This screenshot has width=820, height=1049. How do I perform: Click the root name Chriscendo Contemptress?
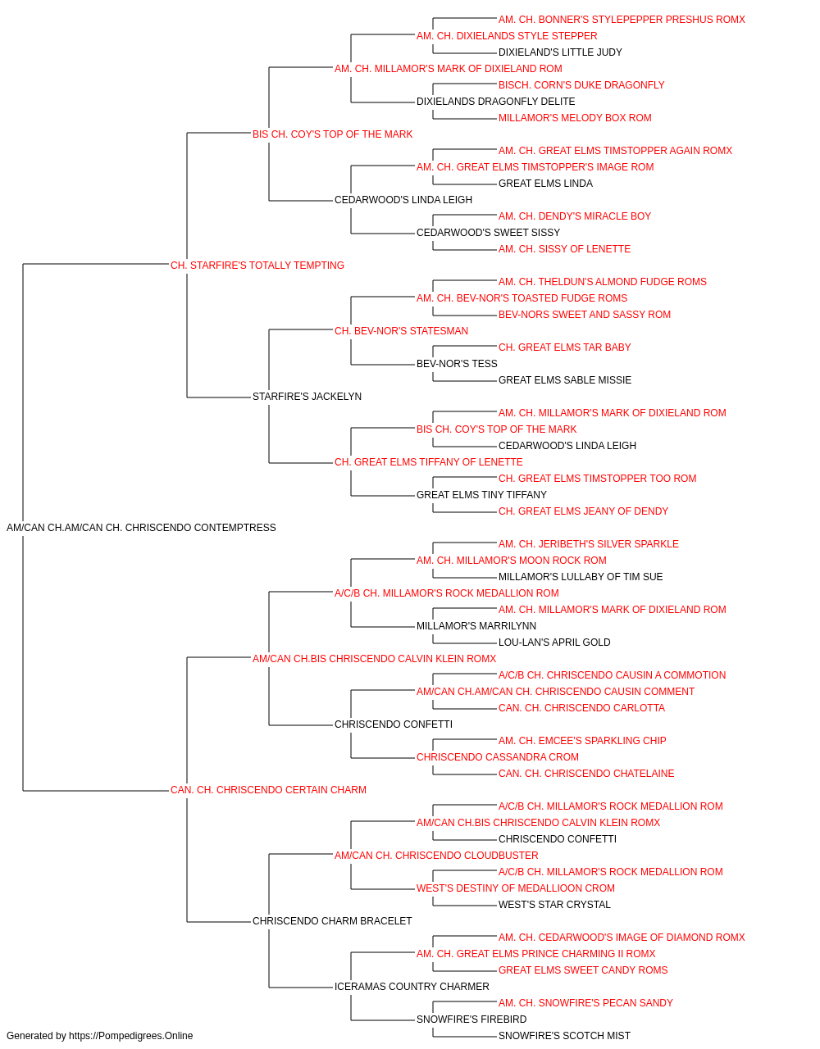click(141, 528)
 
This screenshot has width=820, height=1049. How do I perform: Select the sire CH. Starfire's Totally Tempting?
click(257, 265)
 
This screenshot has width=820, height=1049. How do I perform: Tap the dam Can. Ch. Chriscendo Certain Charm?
click(268, 790)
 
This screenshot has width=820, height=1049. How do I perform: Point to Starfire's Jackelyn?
click(307, 397)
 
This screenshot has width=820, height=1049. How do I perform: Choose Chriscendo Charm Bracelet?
click(332, 921)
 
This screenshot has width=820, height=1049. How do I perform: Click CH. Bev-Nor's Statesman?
click(401, 330)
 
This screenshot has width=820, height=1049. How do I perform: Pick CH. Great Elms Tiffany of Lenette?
click(428, 462)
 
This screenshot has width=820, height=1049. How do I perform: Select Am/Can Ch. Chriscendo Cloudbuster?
click(436, 856)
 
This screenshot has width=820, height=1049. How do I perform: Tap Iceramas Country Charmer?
click(412, 987)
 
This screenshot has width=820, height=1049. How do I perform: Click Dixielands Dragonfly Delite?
click(495, 102)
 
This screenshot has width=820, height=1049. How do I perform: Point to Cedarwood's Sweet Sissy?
click(488, 233)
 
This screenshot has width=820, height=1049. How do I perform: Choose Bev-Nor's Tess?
click(457, 364)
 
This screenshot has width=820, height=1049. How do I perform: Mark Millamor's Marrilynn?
click(476, 626)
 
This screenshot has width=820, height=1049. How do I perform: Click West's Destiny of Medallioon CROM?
click(515, 888)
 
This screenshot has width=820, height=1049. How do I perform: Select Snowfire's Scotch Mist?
click(564, 1036)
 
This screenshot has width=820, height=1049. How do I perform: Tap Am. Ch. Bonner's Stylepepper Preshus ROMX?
click(622, 20)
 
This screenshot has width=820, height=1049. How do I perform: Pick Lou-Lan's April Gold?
click(554, 643)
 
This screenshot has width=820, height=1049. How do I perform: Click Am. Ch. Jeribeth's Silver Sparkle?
click(588, 544)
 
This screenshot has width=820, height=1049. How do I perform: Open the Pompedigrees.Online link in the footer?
click(130, 1036)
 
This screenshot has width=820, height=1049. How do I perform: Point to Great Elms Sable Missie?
click(564, 380)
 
